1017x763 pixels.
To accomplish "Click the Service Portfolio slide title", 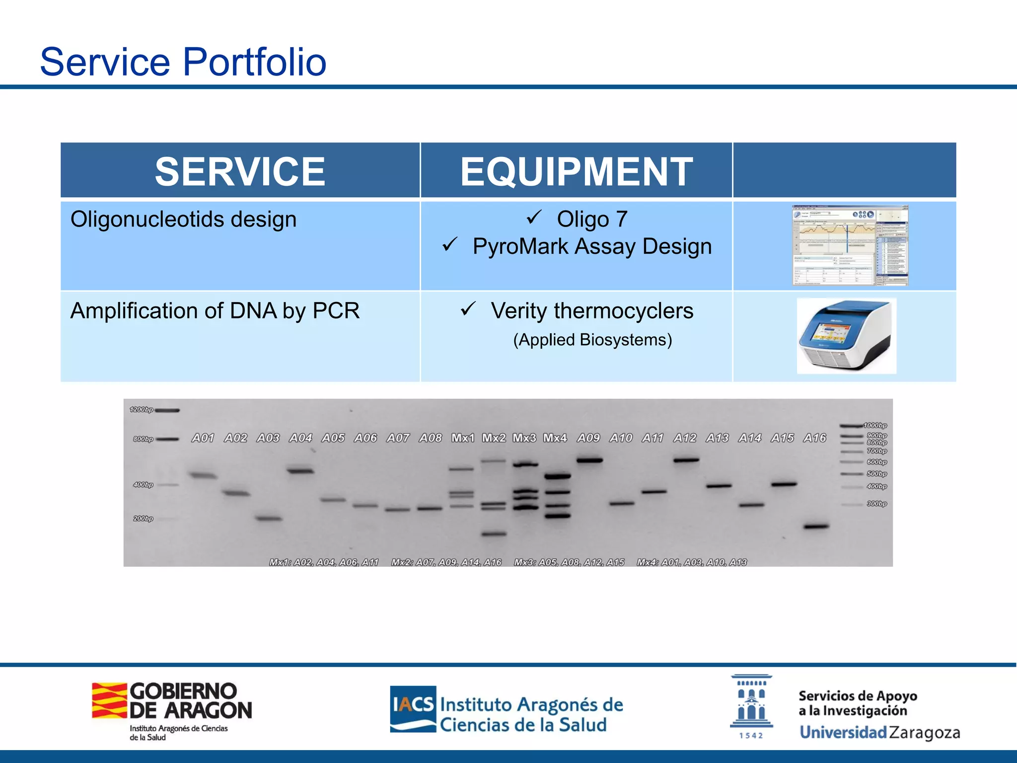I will tap(183, 62).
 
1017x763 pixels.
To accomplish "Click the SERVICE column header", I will tap(240, 171).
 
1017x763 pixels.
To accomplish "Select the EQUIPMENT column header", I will tap(576, 171).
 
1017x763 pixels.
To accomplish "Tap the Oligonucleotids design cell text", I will tap(183, 219).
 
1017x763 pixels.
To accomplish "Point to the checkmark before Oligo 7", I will tap(534, 217).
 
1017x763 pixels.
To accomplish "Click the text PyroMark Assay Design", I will tap(592, 246).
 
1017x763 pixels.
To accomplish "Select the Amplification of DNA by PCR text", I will tap(215, 311).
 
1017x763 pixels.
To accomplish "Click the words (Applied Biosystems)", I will tap(592, 340).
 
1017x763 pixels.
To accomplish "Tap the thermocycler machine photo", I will tap(846, 336).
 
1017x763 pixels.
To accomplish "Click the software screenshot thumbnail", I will tap(850, 245).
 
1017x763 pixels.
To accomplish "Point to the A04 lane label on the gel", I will tap(300, 438).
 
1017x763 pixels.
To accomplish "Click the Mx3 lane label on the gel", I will tap(524, 438).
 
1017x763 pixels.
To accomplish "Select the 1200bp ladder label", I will tap(141, 410).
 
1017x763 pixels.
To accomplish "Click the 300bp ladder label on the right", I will tap(876, 504).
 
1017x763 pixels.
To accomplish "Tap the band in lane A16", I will tap(816, 526).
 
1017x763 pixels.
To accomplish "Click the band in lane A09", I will tap(589, 460).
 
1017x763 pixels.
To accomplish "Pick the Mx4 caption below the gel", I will tap(691, 562).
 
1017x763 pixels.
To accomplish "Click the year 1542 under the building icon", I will tap(750, 736).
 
